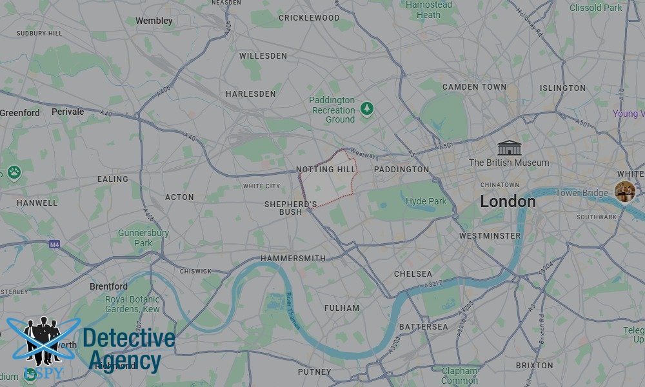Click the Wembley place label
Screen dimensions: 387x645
pyautogui.click(x=154, y=21)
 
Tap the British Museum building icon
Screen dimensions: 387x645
pyautogui.click(x=509, y=148)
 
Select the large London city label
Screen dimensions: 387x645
pyautogui.click(x=508, y=201)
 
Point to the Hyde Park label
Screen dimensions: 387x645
pyautogui.click(x=426, y=201)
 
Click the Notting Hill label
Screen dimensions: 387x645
pyautogui.click(x=326, y=170)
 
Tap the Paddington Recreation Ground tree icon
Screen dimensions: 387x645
pyautogui.click(x=367, y=107)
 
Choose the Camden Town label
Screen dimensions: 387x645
pyautogui.click(x=474, y=87)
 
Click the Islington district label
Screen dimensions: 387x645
pyautogui.click(x=562, y=88)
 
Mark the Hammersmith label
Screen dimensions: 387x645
pyautogui.click(x=293, y=258)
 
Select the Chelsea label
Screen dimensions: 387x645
pyautogui.click(x=413, y=274)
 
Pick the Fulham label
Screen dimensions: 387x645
pyautogui.click(x=341, y=308)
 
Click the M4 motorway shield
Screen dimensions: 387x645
pyautogui.click(x=55, y=244)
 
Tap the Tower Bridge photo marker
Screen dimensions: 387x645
pyautogui.click(x=624, y=191)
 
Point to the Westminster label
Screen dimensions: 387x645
pyautogui.click(x=490, y=236)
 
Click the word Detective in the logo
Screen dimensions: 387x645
pyautogui.click(x=129, y=339)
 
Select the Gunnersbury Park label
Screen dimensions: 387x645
pyautogui.click(x=143, y=238)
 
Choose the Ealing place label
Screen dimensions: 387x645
pyautogui.click(x=112, y=179)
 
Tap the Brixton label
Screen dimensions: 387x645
pyautogui.click(x=534, y=365)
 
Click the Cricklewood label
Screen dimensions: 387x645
pyautogui.click(x=308, y=18)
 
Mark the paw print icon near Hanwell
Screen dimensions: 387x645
pyautogui.click(x=14, y=172)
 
